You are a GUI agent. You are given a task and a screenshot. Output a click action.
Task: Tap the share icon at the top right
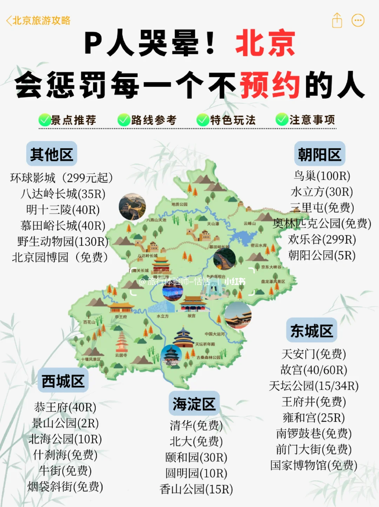click(x=337, y=20)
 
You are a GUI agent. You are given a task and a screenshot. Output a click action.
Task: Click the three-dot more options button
click(x=358, y=20)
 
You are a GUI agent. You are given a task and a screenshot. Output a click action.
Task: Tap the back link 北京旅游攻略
click(x=38, y=21)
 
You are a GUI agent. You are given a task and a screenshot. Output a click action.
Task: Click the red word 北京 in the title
click(x=265, y=43)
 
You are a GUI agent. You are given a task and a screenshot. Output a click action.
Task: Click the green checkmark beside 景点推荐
click(x=44, y=120)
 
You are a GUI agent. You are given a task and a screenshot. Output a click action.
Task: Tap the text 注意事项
click(x=312, y=120)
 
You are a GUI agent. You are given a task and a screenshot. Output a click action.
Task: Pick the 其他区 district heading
click(x=52, y=154)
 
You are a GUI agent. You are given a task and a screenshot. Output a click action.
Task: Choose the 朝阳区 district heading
click(x=319, y=154)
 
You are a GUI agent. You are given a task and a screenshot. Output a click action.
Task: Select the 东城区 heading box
click(x=311, y=330)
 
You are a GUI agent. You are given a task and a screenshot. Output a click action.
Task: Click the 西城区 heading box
click(x=63, y=381)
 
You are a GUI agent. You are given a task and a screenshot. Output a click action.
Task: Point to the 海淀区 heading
click(x=194, y=404)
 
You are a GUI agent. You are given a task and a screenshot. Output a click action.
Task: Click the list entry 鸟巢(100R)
click(x=322, y=176)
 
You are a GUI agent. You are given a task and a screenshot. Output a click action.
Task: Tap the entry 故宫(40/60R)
click(x=313, y=370)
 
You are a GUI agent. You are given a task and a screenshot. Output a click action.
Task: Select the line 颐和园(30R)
click(x=196, y=457)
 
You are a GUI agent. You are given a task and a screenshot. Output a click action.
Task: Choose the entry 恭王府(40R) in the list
click(x=65, y=407)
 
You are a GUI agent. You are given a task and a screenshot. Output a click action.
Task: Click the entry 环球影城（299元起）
click(x=61, y=178)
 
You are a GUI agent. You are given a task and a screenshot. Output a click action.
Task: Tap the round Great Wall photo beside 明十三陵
click(x=132, y=207)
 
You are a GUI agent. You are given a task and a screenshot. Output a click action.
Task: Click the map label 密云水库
click(x=259, y=245)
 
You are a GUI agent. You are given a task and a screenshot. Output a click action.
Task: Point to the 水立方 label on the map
click(x=162, y=316)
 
